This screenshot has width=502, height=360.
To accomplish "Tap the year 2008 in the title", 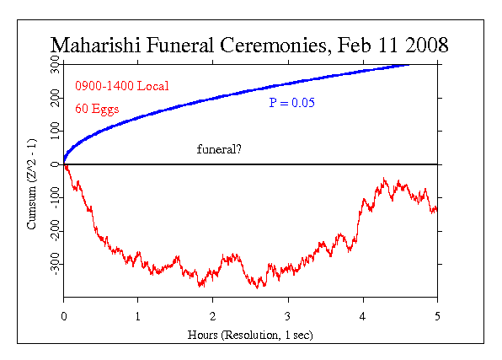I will click(422, 45).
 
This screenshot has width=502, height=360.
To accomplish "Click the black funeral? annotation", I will click(221, 149).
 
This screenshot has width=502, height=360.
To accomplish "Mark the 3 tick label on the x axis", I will click(288, 314).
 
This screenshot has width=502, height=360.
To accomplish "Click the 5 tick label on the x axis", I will click(437, 314).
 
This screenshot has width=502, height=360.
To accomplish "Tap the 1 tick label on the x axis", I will click(138, 314).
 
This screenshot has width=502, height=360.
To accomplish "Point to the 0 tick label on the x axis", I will click(64, 314).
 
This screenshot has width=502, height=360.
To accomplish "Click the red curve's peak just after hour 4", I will click(385, 180).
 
